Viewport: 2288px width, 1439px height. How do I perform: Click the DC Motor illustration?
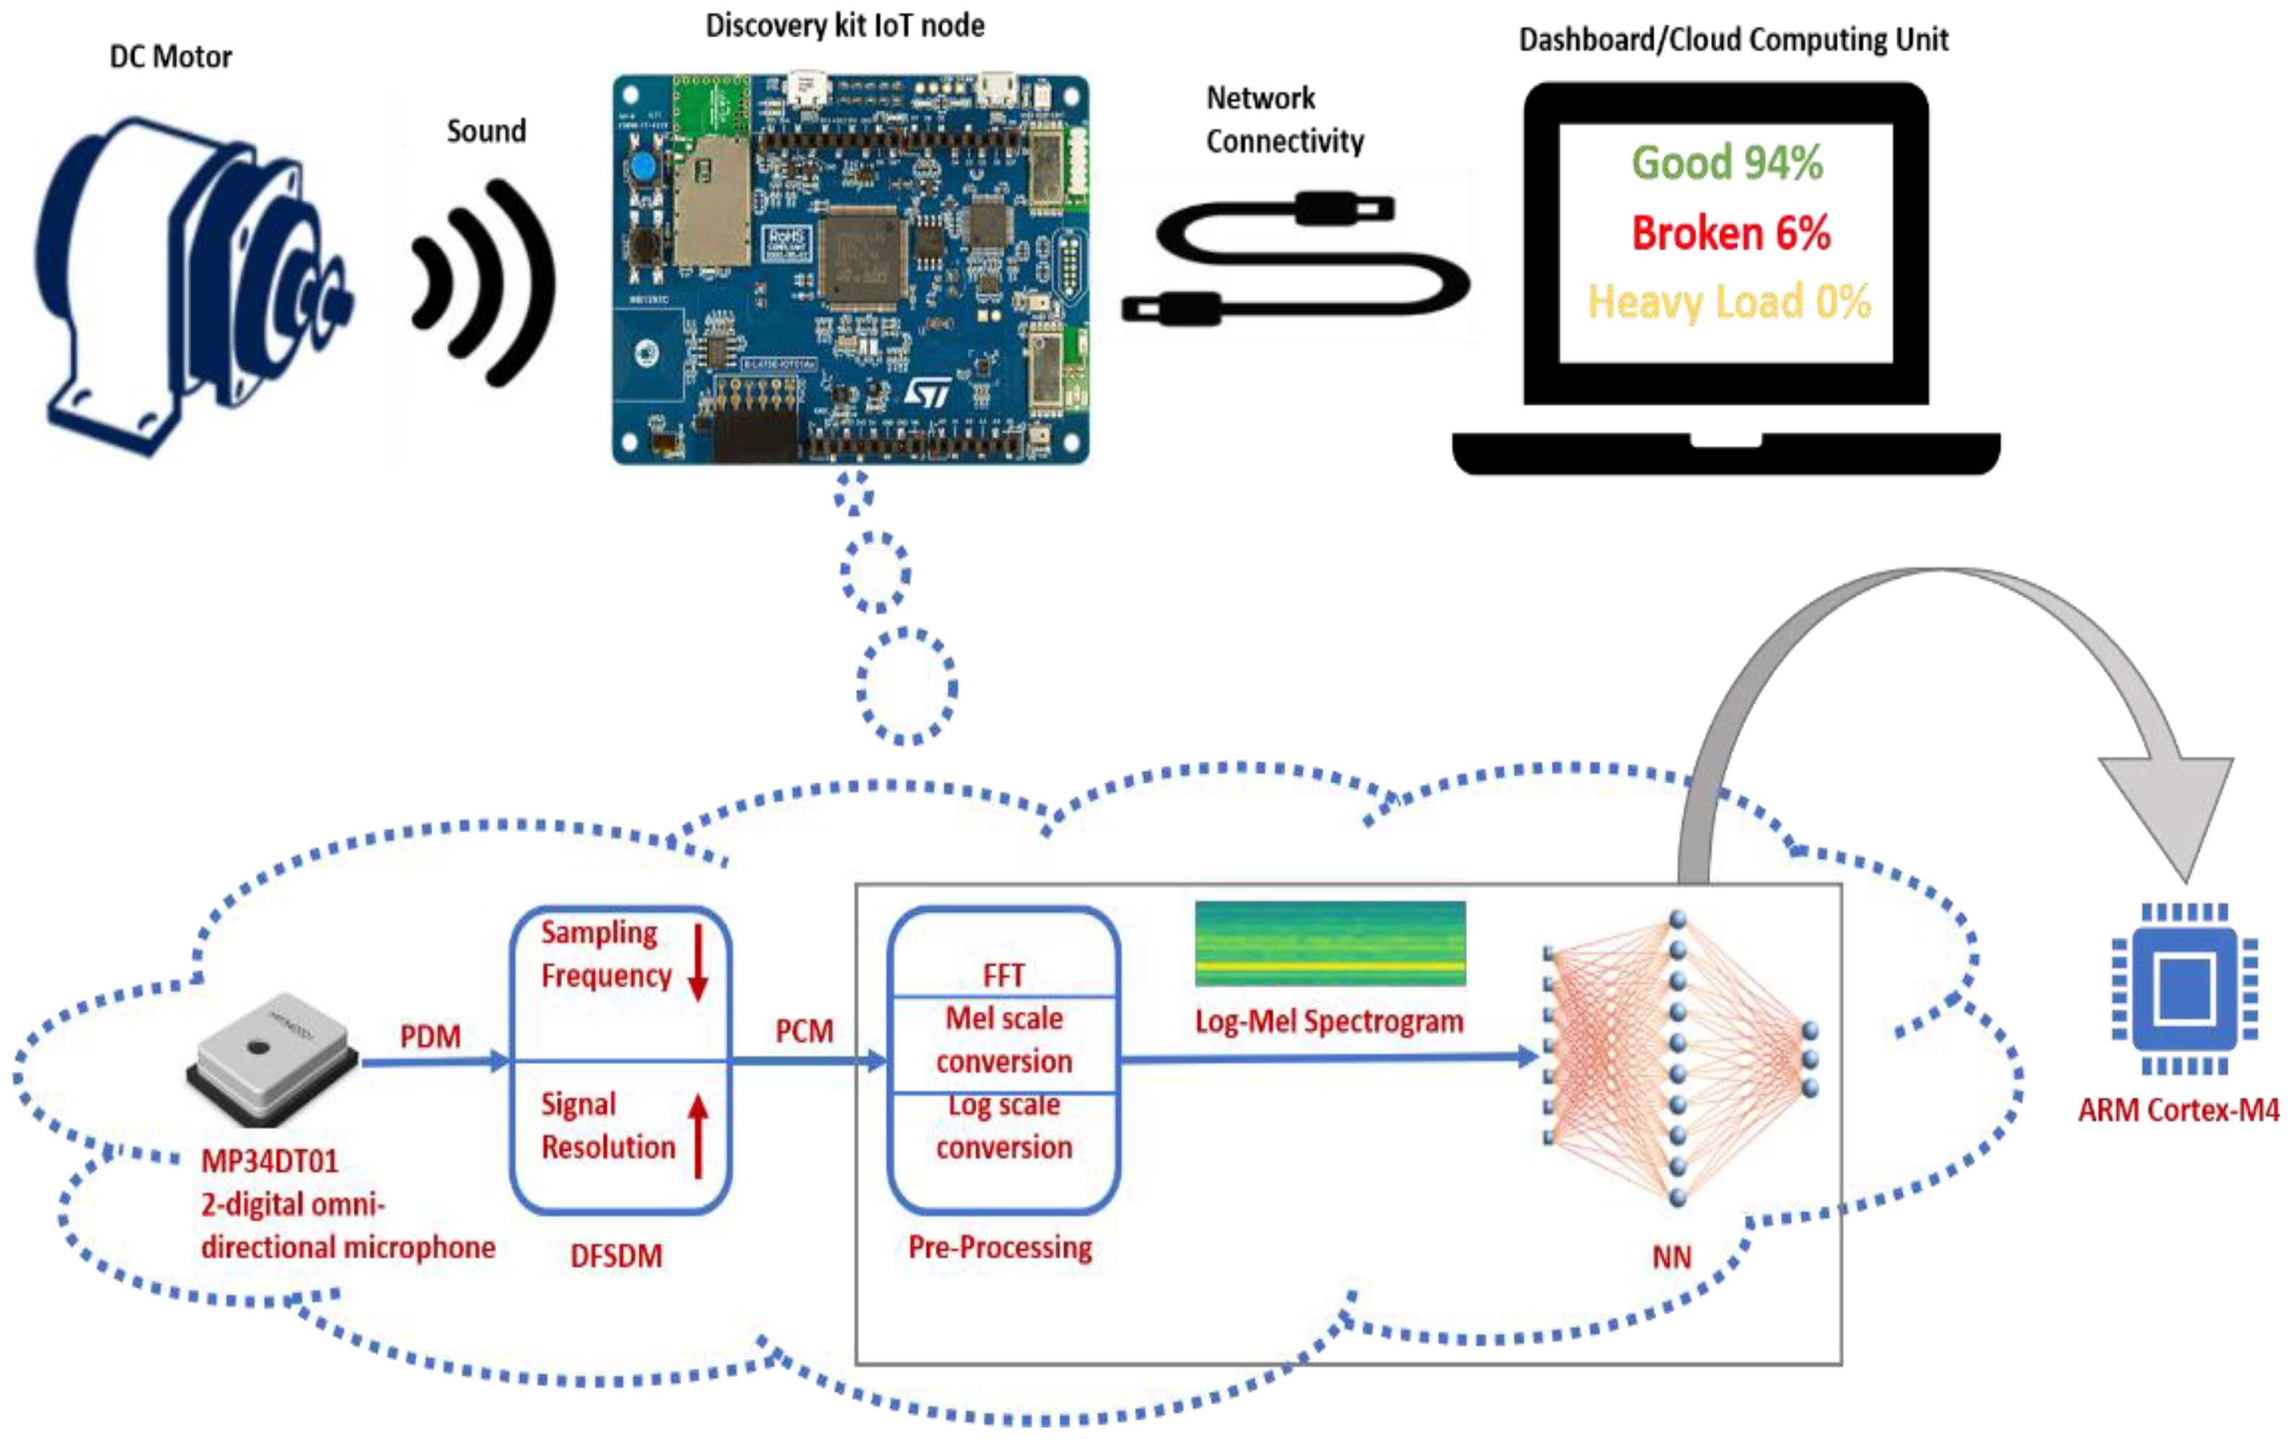click(x=194, y=285)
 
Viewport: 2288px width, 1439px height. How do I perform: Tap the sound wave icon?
click(x=485, y=283)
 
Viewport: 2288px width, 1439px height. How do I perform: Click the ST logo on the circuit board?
click(x=926, y=393)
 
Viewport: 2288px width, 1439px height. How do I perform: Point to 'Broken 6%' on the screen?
click(x=1731, y=233)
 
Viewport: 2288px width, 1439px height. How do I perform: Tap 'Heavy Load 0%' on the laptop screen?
click(x=1729, y=303)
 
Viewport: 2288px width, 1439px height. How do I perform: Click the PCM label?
click(x=804, y=1032)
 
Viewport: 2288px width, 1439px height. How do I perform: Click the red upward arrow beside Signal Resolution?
click(x=698, y=1135)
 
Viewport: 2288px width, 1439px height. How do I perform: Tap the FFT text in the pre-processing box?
click(x=1003, y=975)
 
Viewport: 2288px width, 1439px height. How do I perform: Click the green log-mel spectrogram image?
click(x=1330, y=943)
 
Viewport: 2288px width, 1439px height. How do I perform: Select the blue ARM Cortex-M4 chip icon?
click(x=2184, y=988)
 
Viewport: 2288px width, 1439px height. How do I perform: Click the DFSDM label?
click(x=616, y=1257)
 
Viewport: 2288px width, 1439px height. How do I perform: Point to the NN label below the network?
click(x=1671, y=1257)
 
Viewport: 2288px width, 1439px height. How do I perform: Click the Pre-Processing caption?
click(x=1000, y=1247)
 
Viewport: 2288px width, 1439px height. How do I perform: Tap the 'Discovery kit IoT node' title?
click(x=845, y=26)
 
